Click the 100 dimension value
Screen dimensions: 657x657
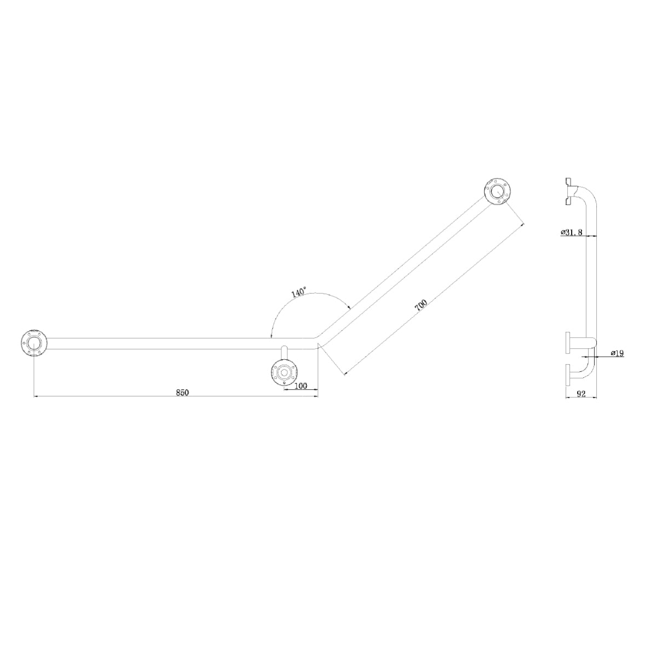301,385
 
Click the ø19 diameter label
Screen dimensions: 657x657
616,353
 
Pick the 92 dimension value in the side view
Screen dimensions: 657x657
581,393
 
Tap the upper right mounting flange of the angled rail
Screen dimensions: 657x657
497,192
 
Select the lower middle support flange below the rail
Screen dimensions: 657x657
284,373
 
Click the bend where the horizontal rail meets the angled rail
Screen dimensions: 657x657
316,343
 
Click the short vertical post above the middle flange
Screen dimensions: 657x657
284,354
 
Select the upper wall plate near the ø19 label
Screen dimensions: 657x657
568,343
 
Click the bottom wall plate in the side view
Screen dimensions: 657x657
568,376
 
